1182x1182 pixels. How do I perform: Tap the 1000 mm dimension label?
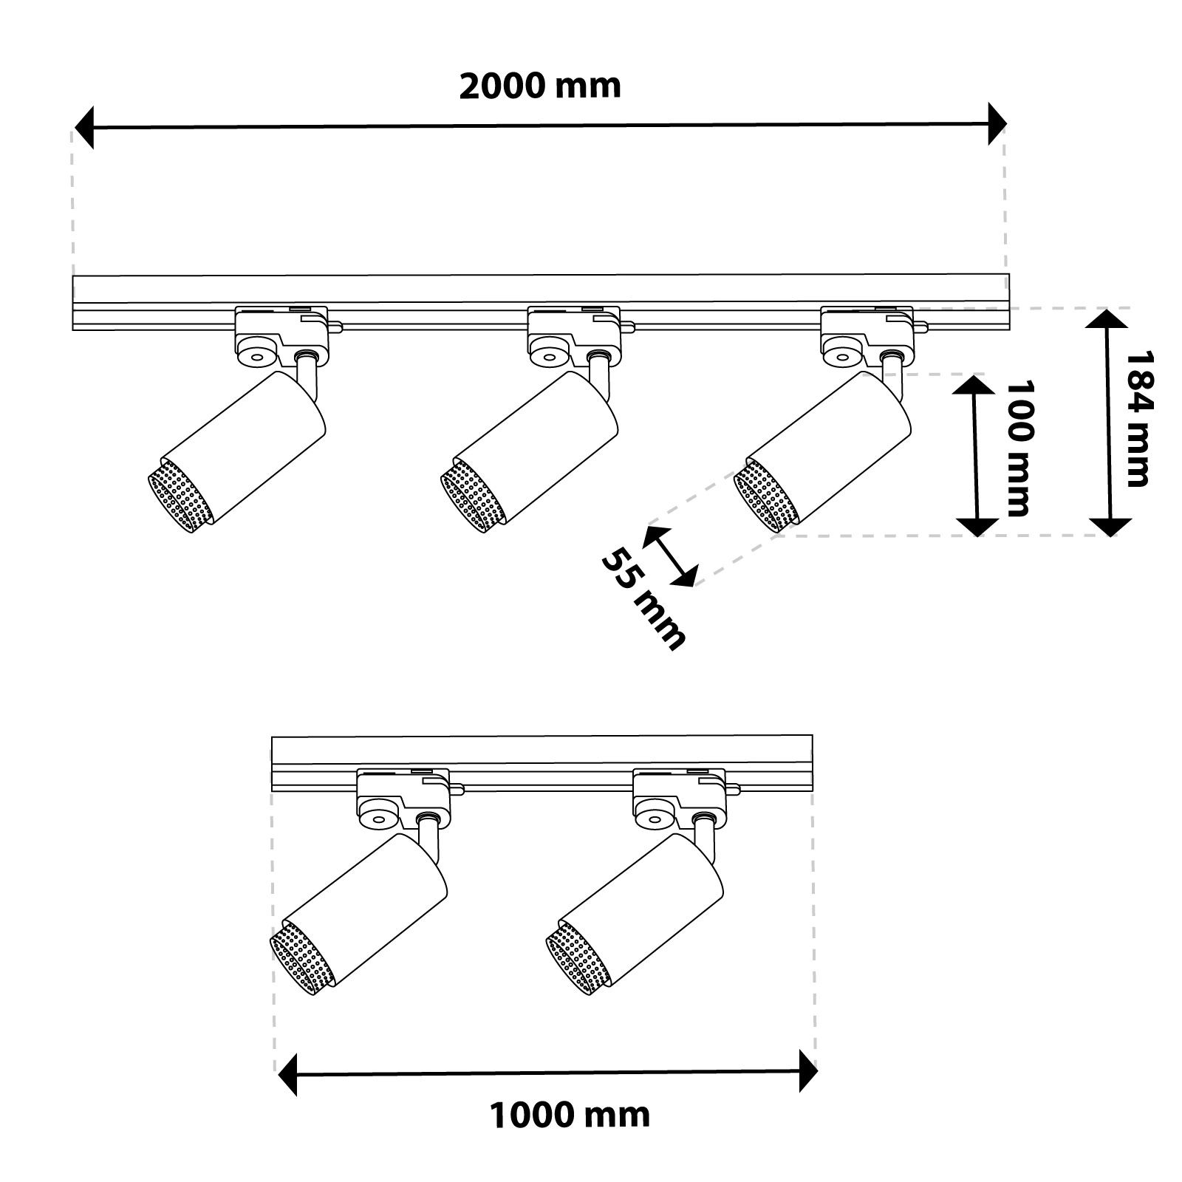[570, 1114]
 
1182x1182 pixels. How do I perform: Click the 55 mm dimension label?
[643, 599]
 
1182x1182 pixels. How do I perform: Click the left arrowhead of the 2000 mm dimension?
[85, 127]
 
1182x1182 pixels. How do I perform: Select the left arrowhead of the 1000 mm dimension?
[287, 1073]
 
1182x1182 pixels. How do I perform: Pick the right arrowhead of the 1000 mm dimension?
[807, 1071]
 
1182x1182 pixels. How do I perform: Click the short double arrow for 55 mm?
[670, 556]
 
